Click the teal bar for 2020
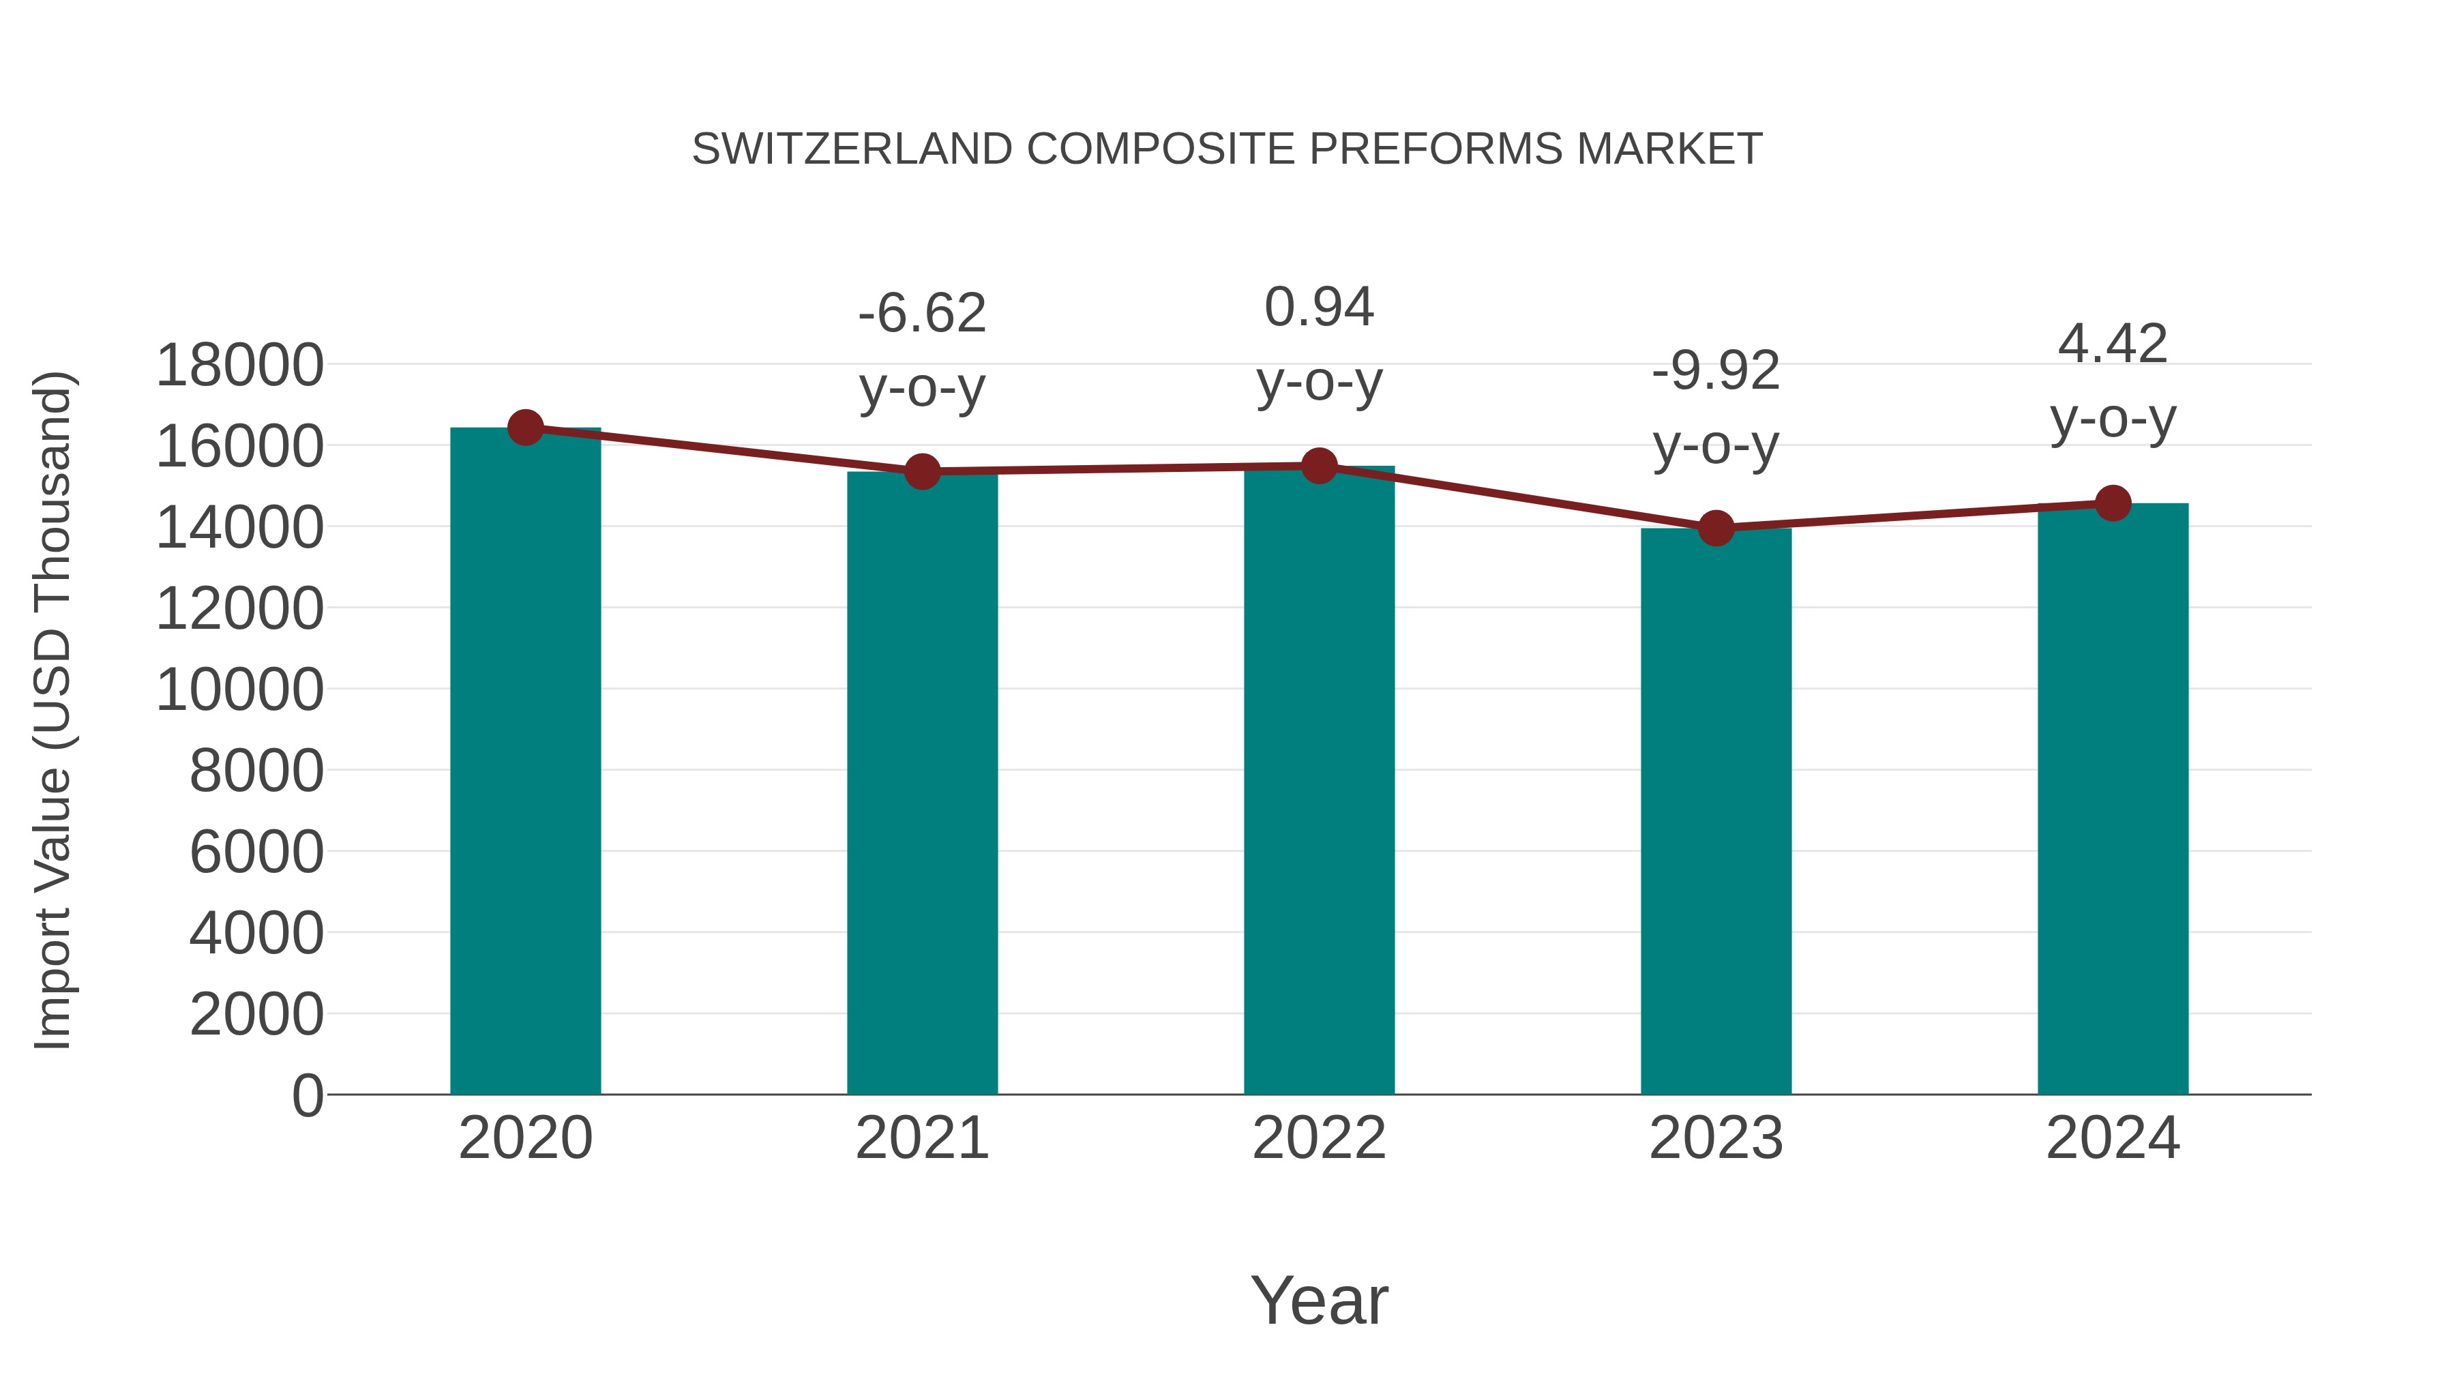click(x=525, y=762)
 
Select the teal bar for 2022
click(x=1319, y=782)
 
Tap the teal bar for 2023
click(x=1716, y=810)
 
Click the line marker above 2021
click(x=921, y=471)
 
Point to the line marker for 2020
click(x=525, y=428)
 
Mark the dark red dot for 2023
click(x=1716, y=527)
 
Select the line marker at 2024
click(x=2113, y=503)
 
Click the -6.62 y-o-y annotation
click(x=921, y=350)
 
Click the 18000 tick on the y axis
click(x=239, y=365)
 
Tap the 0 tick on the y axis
click(x=307, y=1095)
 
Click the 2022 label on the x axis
click(x=1319, y=1138)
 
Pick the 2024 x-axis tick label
click(x=2113, y=1138)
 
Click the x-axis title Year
click(x=1319, y=1300)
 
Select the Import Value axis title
click(x=53, y=710)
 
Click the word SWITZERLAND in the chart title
click(x=851, y=149)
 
